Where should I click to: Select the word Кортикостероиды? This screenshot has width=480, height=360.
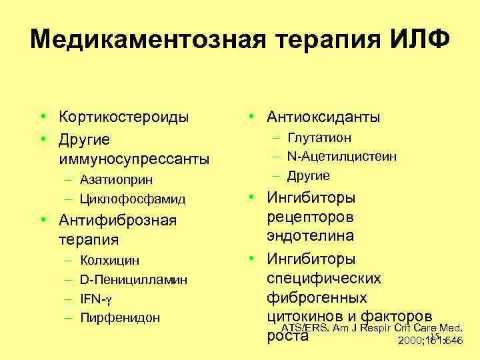point(123,117)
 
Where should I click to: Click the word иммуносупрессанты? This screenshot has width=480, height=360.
point(133,159)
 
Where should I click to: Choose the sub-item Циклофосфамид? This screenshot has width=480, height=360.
point(132,199)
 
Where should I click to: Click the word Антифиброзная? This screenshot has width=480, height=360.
point(117,220)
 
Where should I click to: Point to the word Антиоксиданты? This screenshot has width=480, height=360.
point(323,117)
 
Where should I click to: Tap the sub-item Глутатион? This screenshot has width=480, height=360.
point(319,137)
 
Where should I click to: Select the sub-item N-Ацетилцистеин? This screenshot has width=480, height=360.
point(342,157)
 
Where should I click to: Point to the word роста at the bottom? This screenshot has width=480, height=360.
point(287,335)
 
